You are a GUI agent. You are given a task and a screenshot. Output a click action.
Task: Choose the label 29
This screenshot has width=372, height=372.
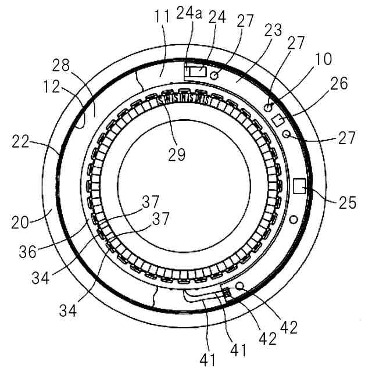pyautogui.click(x=177, y=155)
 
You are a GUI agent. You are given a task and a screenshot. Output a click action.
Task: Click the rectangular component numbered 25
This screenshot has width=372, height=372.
pyautogui.click(x=301, y=186)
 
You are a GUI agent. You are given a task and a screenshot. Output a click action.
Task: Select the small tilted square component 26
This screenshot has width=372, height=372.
pyautogui.click(x=278, y=119)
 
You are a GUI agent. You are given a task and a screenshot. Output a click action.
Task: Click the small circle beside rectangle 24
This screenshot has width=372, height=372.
pyautogui.click(x=214, y=75)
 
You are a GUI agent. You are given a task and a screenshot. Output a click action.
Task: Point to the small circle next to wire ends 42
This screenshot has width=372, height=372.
pyautogui.click(x=239, y=287)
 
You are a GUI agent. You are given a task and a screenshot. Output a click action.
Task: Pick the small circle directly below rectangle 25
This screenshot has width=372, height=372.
pyautogui.click(x=294, y=219)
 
